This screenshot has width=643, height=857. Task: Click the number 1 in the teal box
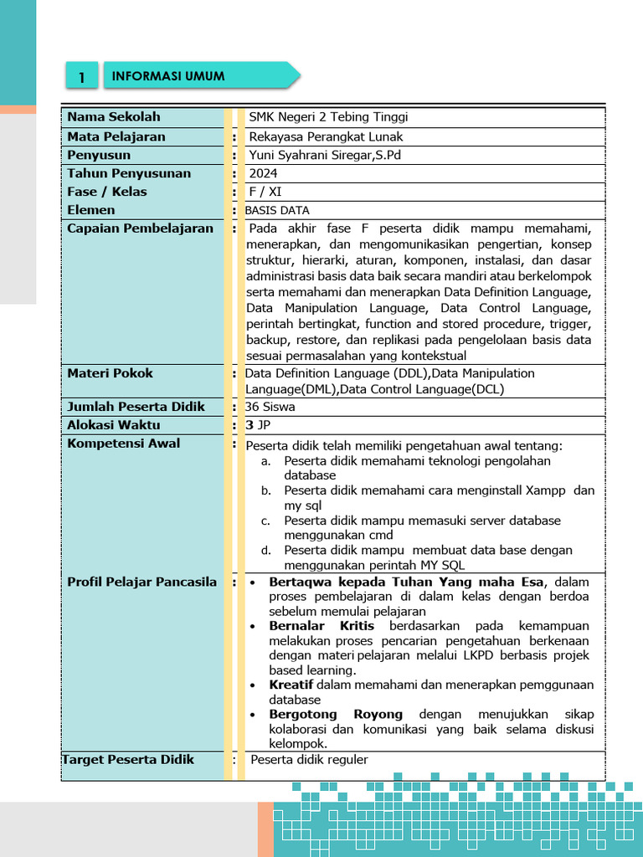tap(82, 77)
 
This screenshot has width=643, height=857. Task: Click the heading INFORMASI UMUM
tap(168, 76)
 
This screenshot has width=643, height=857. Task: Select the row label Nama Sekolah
tap(113, 117)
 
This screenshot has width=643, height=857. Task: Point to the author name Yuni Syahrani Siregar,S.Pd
tap(326, 155)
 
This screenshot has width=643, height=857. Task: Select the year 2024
tap(265, 173)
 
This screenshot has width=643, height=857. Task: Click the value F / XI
tap(265, 192)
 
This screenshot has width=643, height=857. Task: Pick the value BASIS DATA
tap(277, 211)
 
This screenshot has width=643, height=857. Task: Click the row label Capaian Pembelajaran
tap(140, 228)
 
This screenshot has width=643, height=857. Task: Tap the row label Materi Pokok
tap(110, 373)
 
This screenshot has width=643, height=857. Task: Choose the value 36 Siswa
tap(270, 408)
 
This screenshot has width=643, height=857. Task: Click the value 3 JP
tap(258, 425)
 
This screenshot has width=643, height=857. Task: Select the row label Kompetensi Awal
tap(123, 444)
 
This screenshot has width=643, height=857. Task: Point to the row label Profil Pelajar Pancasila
tap(141, 582)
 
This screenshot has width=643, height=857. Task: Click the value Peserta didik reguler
tap(309, 760)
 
